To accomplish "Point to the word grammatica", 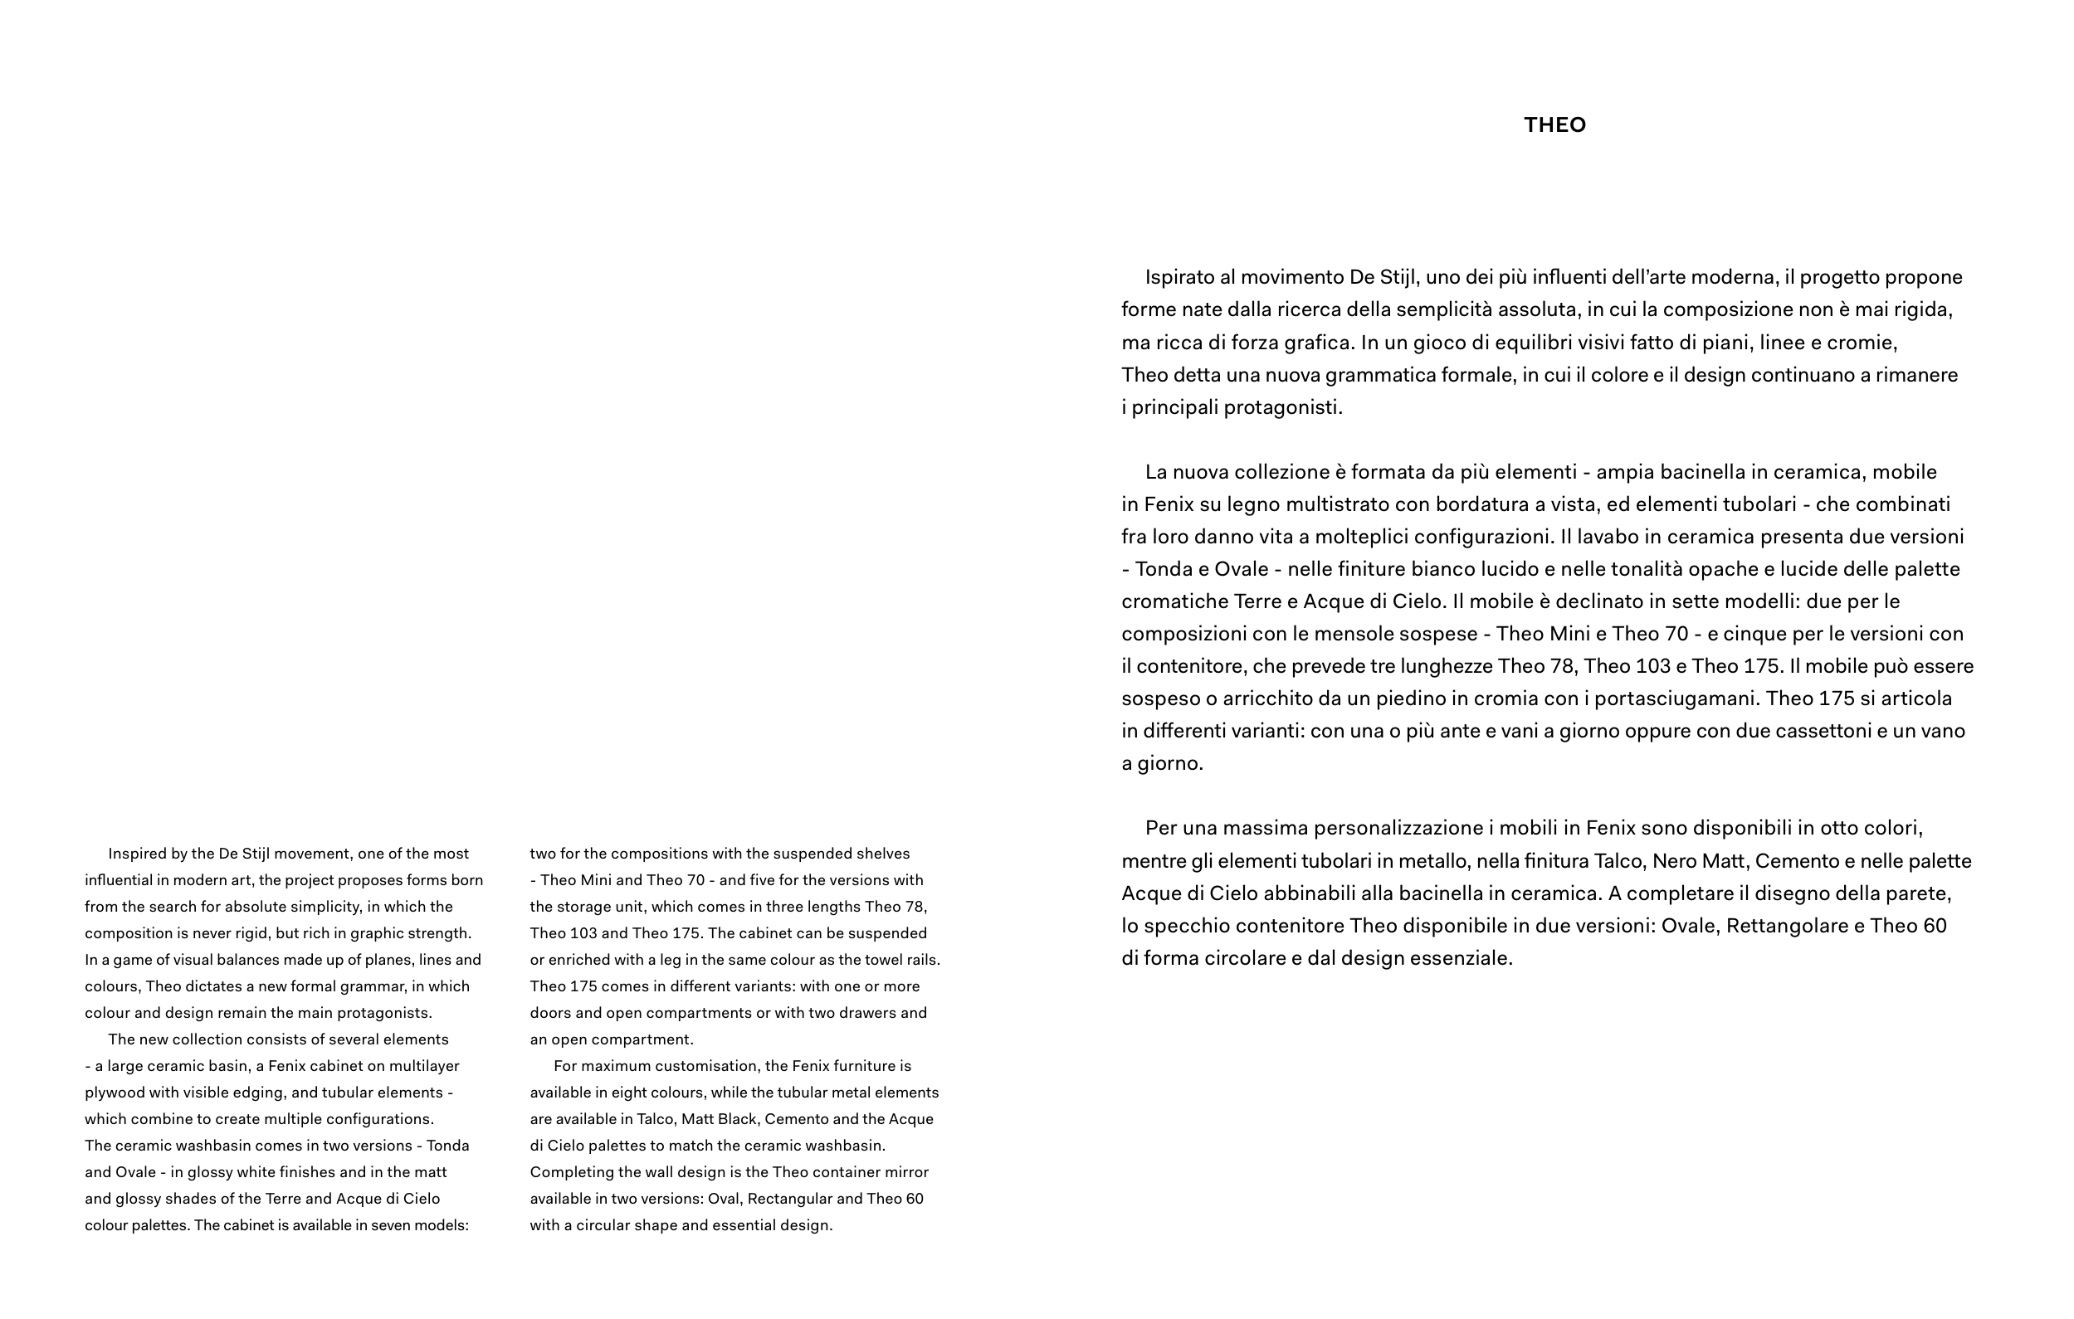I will pyautogui.click(x=1374, y=376).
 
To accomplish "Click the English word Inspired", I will pyautogui.click(x=136, y=854).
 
